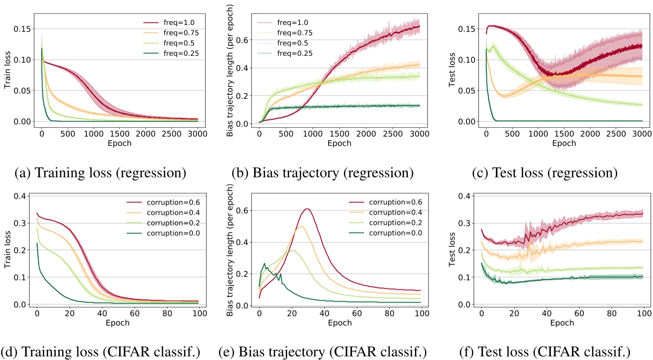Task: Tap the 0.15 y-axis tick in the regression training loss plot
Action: click(22, 29)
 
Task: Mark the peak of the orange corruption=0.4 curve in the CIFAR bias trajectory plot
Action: click(301, 226)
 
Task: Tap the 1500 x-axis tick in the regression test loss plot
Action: click(564, 134)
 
